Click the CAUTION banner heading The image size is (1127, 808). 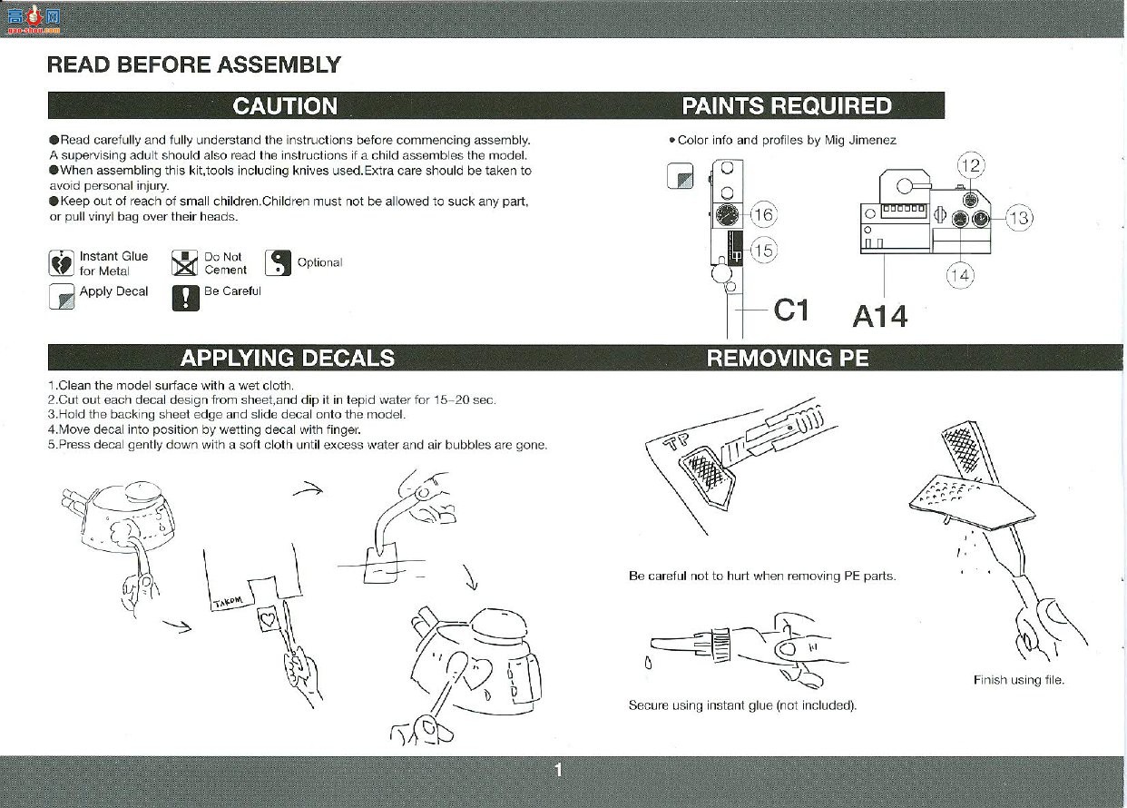click(x=285, y=106)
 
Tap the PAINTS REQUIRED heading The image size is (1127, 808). click(x=787, y=106)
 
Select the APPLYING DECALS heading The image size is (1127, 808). click(x=288, y=358)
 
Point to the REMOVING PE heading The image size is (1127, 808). click(x=788, y=358)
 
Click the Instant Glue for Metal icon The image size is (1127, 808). click(x=62, y=262)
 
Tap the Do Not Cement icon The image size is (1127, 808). click(x=184, y=262)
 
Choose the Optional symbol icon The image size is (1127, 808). click(x=278, y=262)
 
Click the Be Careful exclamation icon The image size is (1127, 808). click(x=185, y=298)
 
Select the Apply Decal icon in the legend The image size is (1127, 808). click(x=62, y=297)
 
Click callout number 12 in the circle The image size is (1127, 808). click(x=971, y=165)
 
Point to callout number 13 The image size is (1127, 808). click(x=1019, y=218)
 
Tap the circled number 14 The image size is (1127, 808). click(x=960, y=275)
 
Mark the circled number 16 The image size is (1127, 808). click(x=764, y=214)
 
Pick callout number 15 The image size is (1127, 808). click(x=764, y=251)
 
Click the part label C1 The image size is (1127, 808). click(x=791, y=310)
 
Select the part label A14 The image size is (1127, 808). click(x=880, y=317)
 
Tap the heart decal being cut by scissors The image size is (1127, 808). click(x=268, y=619)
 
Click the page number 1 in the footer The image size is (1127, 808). click(x=558, y=770)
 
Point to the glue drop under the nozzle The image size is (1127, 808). click(x=649, y=664)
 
